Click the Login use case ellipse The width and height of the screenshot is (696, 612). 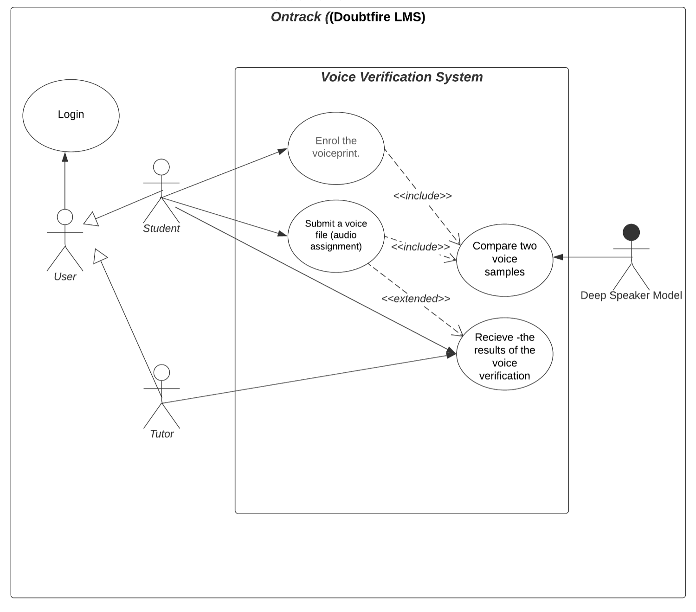click(x=71, y=115)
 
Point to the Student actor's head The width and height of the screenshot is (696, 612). click(x=161, y=167)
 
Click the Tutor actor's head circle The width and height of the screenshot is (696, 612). click(x=161, y=372)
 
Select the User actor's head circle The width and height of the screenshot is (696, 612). click(x=65, y=217)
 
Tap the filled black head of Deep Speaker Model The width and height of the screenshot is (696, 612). click(x=631, y=232)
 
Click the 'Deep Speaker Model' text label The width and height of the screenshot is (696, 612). click(x=631, y=296)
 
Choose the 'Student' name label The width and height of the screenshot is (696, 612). click(x=161, y=229)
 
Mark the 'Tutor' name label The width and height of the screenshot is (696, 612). click(x=161, y=434)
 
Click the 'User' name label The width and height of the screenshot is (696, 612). click(x=65, y=277)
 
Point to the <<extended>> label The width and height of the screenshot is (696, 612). click(x=416, y=299)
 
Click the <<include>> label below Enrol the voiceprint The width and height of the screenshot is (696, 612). click(x=422, y=196)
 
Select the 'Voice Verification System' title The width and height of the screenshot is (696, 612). click(x=401, y=77)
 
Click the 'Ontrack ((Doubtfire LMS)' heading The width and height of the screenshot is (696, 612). click(x=348, y=17)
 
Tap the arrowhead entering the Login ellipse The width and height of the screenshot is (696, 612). click(x=65, y=157)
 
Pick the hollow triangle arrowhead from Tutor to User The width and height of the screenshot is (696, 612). click(x=100, y=255)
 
